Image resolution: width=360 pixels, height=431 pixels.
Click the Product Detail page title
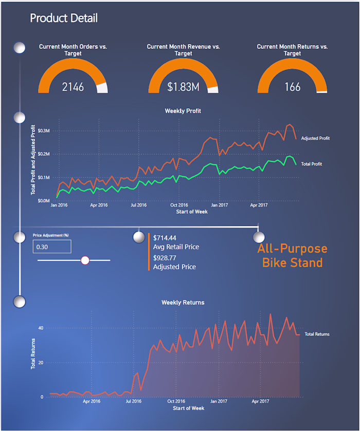[63, 18]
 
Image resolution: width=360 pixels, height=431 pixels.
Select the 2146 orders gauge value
[73, 87]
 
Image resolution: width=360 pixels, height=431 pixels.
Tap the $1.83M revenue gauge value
[183, 87]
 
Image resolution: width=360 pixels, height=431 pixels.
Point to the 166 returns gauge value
[292, 87]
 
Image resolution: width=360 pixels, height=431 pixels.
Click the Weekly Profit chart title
[183, 110]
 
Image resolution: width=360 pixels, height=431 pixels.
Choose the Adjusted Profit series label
[315, 138]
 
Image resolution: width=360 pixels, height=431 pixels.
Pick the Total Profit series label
[312, 164]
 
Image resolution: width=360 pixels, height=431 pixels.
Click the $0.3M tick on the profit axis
[42, 130]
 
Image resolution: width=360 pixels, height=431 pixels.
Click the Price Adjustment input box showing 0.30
[51, 247]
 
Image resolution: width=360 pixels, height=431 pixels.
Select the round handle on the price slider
[85, 260]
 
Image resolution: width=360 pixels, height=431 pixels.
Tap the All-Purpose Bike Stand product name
[292, 256]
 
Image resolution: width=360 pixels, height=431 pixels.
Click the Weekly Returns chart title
[183, 303]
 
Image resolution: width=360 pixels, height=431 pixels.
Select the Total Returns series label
[317, 334]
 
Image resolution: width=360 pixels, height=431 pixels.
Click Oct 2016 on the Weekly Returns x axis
[176, 401]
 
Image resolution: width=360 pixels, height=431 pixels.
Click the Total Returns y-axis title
[33, 353]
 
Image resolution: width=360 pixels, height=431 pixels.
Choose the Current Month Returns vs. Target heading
[292, 50]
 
